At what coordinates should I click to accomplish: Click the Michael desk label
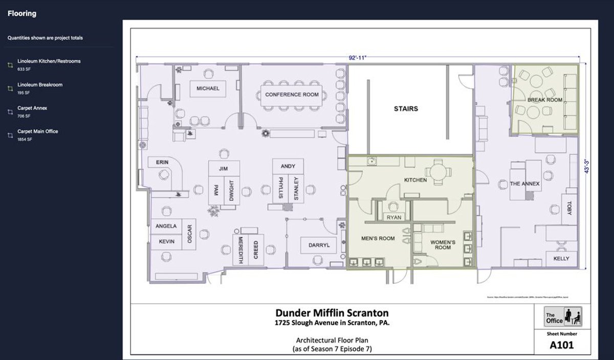click(x=208, y=88)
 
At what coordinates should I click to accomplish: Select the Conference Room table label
click(x=292, y=95)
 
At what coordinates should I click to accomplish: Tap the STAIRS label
click(x=406, y=108)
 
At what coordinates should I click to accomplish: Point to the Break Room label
click(x=544, y=100)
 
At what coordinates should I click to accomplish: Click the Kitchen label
click(x=415, y=180)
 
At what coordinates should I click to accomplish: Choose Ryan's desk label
click(x=394, y=217)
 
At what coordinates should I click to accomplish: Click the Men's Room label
click(x=378, y=238)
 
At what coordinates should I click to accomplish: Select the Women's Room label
click(x=443, y=244)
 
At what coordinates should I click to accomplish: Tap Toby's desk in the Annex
click(x=569, y=209)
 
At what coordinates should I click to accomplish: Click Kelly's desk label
click(x=561, y=259)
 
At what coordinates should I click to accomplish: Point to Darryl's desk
click(x=319, y=245)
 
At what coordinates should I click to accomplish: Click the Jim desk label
click(x=223, y=168)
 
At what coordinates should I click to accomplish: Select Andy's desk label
click(x=288, y=166)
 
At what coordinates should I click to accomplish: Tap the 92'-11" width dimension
click(x=358, y=59)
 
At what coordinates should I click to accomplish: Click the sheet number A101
click(x=561, y=345)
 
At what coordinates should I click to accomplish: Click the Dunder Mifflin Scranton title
click(x=332, y=312)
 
